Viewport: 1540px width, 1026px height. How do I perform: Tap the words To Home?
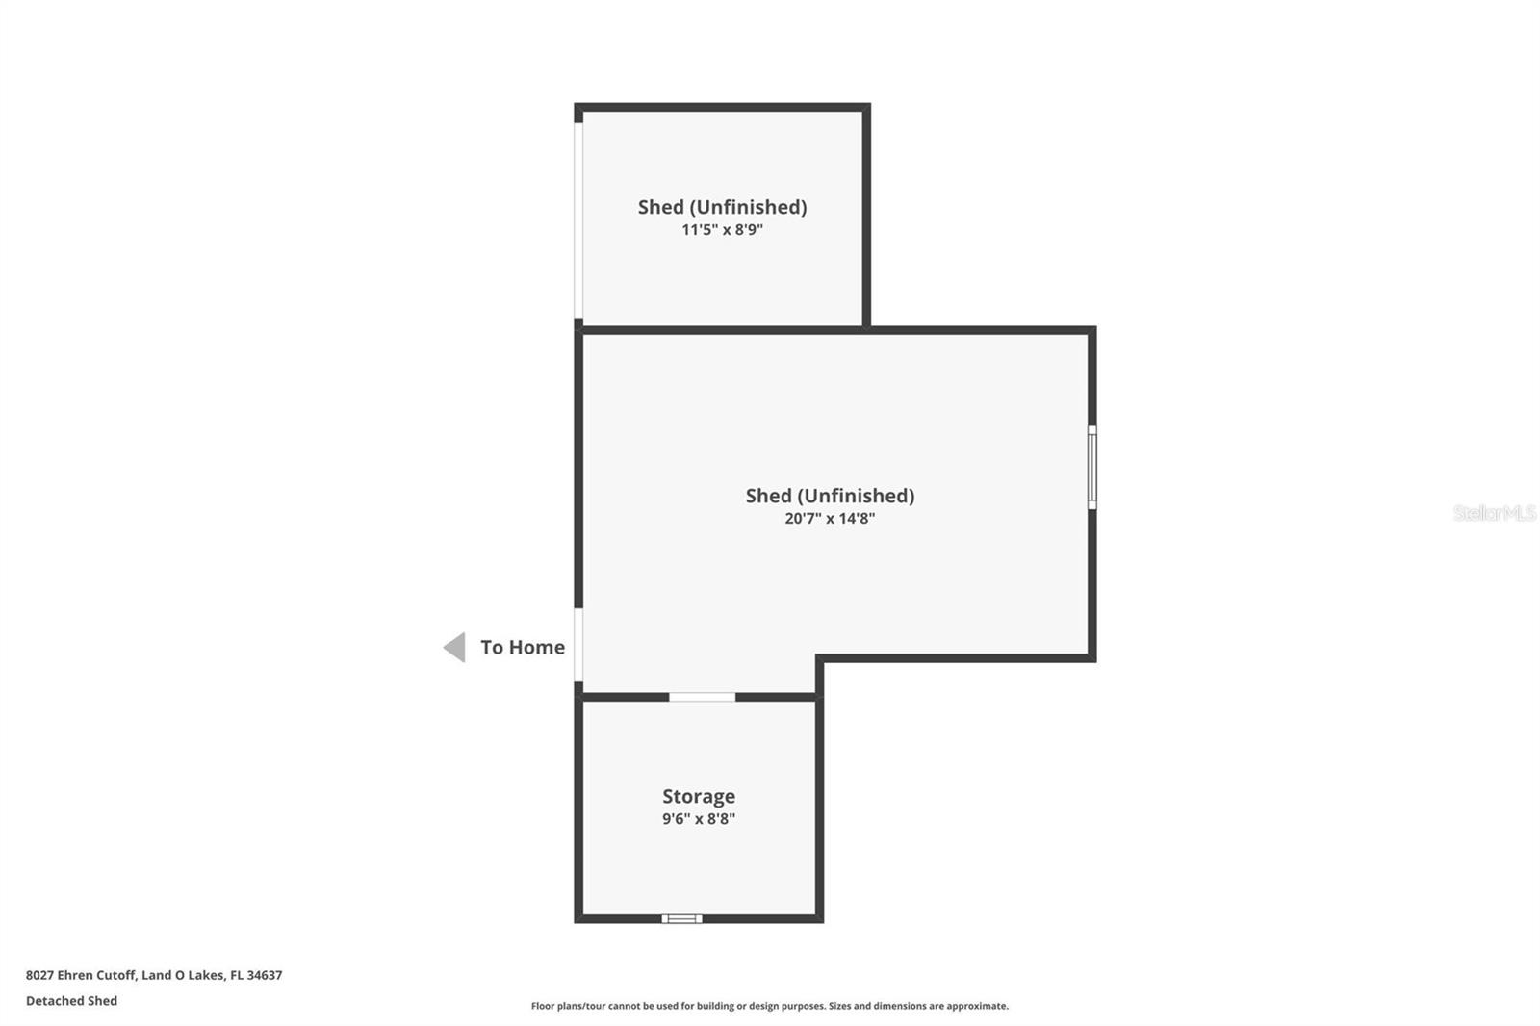523,648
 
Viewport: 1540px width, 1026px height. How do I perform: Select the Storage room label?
699,796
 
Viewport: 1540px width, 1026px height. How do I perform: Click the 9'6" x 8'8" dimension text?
699,819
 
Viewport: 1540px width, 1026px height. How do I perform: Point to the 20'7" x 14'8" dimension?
830,519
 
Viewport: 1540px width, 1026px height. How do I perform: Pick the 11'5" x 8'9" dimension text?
722,230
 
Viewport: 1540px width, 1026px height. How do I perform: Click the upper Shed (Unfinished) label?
722,207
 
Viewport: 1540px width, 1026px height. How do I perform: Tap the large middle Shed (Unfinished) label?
830,496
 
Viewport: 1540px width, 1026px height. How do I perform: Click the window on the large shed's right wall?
1091,468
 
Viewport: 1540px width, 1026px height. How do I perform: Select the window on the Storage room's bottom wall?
681,919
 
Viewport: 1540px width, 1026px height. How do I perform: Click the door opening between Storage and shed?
703,697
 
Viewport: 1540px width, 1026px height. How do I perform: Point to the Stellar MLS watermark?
1494,513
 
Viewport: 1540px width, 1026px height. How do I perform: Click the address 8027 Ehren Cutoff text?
81,975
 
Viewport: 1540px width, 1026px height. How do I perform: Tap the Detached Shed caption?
71,1001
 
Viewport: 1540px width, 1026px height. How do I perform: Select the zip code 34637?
265,975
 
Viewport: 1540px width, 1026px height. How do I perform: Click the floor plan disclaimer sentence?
770,1006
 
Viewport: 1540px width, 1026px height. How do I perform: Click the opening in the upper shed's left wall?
578,221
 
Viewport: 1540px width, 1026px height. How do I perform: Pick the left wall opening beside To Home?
578,645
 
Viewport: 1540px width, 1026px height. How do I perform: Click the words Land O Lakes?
183,975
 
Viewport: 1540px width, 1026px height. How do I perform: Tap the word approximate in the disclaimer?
977,1006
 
